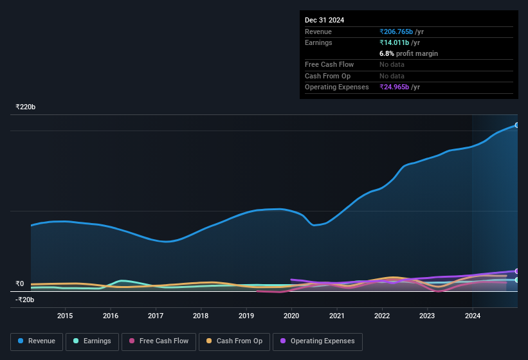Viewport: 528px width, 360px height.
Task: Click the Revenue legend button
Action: pyautogui.click(x=37, y=341)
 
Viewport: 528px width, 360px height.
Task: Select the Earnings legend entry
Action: pyautogui.click(x=92, y=341)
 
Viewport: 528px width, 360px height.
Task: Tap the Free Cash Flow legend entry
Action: pyautogui.click(x=158, y=341)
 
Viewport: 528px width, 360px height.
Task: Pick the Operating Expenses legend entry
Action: pyautogui.click(x=318, y=341)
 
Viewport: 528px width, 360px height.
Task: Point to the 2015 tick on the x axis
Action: pyautogui.click(x=65, y=316)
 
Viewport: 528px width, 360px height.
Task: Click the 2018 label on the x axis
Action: pyautogui.click(x=201, y=316)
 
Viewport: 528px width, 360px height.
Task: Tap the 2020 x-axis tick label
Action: pyautogui.click(x=291, y=316)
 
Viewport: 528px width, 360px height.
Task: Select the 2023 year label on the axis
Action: pyautogui.click(x=427, y=316)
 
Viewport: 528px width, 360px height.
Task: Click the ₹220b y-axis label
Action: pyautogui.click(x=26, y=107)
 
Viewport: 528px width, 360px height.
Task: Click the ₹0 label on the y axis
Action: pyautogui.click(x=20, y=283)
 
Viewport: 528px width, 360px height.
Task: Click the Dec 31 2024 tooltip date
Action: pyautogui.click(x=325, y=20)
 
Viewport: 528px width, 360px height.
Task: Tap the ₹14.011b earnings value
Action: pyautogui.click(x=399, y=42)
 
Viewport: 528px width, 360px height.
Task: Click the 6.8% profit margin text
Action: pyautogui.click(x=408, y=53)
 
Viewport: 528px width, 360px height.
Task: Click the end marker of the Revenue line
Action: pyautogui.click(x=516, y=125)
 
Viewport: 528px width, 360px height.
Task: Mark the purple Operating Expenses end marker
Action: pyautogui.click(x=516, y=271)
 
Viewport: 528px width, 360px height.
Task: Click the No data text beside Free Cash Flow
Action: pyautogui.click(x=393, y=64)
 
